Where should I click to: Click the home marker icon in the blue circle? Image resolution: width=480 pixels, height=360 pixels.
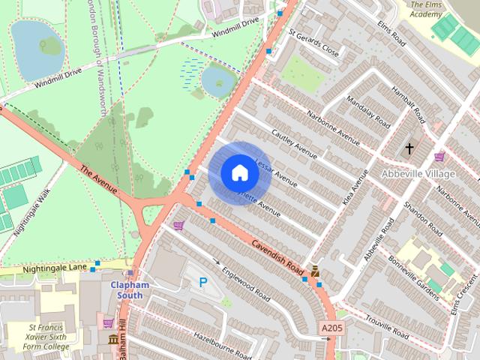click(x=239, y=173)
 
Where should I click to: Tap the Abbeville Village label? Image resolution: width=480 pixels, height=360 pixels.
click(x=418, y=174)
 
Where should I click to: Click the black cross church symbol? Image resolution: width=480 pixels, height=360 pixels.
click(x=409, y=149)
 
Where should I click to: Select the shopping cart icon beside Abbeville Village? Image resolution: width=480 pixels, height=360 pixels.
click(x=439, y=157)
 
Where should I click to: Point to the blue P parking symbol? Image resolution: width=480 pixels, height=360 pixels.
click(x=202, y=282)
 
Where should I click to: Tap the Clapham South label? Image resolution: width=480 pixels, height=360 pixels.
click(x=130, y=289)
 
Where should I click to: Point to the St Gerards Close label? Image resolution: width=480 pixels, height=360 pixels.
click(x=313, y=43)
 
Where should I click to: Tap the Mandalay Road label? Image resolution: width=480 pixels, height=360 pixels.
click(x=367, y=111)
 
